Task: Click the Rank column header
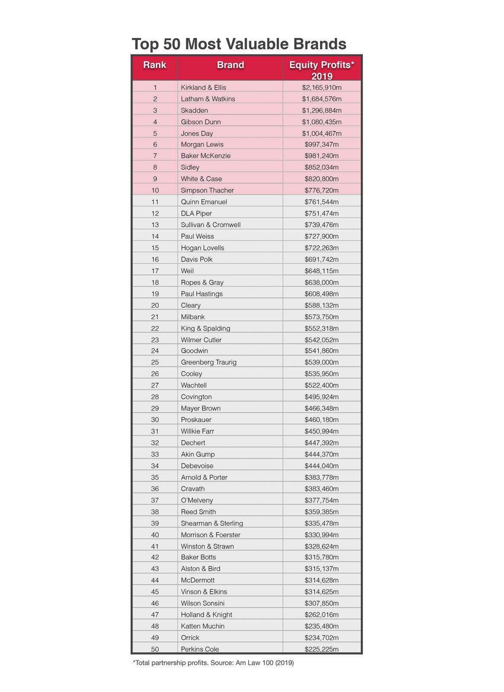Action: coord(155,65)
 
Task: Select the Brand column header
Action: coord(230,65)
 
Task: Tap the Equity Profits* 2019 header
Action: coord(322,70)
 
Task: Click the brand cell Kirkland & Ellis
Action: coord(203,87)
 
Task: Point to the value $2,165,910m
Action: coord(322,87)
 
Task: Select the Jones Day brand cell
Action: coord(197,134)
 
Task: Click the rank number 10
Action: coord(155,190)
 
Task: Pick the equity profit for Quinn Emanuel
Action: coord(322,202)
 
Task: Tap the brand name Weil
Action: coord(187,271)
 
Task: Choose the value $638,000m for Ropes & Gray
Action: coord(322,282)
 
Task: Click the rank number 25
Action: coord(155,362)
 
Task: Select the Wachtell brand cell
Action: coord(194,385)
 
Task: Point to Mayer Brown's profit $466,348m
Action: coord(322,408)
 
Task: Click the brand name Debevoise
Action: coord(197,466)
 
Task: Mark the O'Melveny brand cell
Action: coord(197,500)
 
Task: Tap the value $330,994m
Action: coord(322,535)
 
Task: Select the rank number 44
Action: coord(155,580)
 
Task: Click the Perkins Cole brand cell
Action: coord(200,649)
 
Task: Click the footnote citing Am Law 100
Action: coord(214,663)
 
